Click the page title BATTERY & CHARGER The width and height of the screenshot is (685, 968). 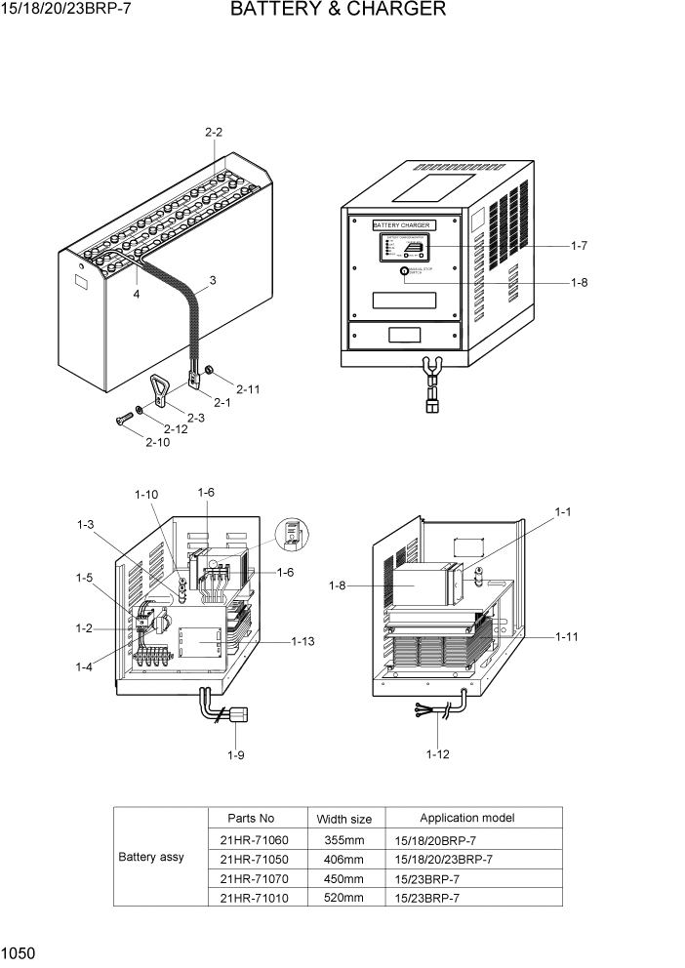[338, 11]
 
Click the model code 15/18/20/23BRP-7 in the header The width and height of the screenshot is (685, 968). [67, 11]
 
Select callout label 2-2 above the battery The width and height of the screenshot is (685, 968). [214, 132]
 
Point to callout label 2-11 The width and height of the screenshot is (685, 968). [248, 388]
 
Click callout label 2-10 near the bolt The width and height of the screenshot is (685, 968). [157, 442]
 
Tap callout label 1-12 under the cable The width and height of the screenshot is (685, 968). [438, 753]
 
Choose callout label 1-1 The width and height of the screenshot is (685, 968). [562, 511]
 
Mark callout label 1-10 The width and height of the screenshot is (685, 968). [146, 495]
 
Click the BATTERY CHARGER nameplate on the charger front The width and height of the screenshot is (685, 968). [401, 225]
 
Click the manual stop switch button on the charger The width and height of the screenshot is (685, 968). [405, 275]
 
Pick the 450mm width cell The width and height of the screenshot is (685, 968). [343, 878]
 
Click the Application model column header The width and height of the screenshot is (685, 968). [466, 818]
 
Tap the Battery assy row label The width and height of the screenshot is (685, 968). [151, 858]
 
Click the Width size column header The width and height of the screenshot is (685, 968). [343, 819]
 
